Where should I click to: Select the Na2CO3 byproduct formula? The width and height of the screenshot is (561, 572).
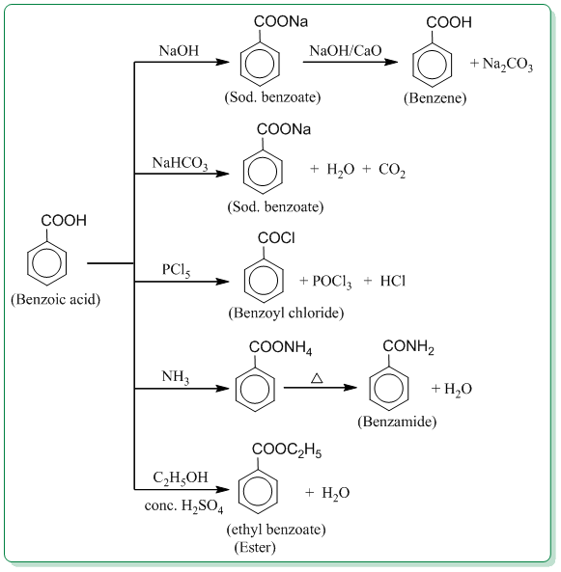[501, 64]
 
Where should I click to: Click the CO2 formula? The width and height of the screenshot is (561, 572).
[391, 171]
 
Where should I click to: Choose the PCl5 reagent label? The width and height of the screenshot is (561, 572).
[176, 271]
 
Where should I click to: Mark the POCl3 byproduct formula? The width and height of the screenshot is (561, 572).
[331, 281]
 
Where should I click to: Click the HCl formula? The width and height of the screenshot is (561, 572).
[392, 281]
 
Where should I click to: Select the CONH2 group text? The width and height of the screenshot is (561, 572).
[408, 345]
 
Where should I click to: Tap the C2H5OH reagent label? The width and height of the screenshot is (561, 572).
[179, 478]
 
